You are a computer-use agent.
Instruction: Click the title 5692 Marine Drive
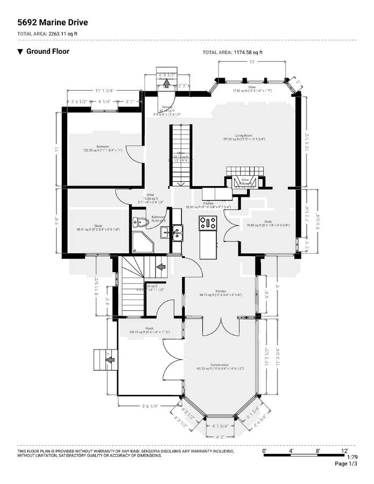[x=52, y=23]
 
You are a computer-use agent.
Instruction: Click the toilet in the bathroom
[x=141, y=222]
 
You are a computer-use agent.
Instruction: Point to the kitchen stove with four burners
[x=207, y=223]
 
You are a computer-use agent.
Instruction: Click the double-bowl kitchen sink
[x=177, y=233]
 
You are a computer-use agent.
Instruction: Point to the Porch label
[x=150, y=329]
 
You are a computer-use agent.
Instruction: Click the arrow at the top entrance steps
[x=166, y=83]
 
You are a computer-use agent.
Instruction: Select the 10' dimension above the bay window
[x=251, y=62]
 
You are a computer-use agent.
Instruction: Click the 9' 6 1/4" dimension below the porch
[x=150, y=407]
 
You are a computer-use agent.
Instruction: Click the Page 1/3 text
[x=345, y=464]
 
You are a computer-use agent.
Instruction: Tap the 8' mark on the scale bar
[x=319, y=450]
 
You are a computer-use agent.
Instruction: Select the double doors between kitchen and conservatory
[x=220, y=325]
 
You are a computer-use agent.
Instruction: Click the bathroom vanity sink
[x=165, y=232]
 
